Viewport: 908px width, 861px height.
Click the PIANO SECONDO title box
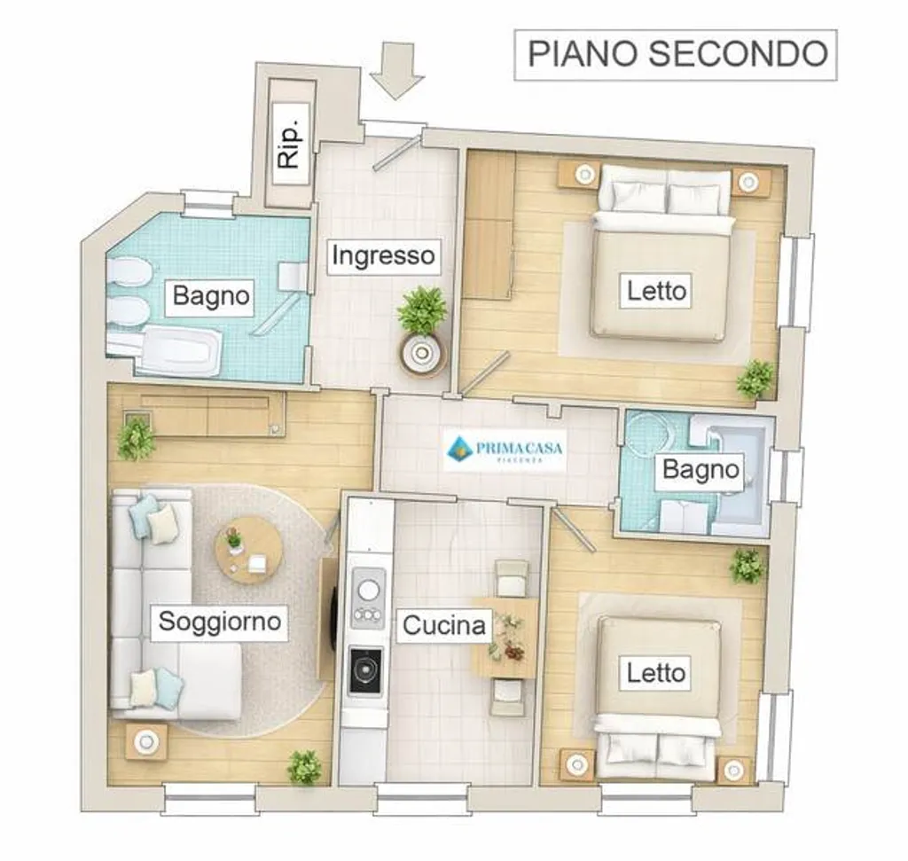point(675,54)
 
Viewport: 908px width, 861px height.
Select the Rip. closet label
point(290,144)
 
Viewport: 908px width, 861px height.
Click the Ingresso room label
point(383,256)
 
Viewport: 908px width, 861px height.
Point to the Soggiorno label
point(220,622)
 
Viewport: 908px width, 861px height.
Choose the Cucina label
point(444,626)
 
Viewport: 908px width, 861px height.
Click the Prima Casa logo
point(505,450)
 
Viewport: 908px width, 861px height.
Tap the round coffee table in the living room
point(249,550)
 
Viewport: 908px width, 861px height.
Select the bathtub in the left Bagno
point(179,350)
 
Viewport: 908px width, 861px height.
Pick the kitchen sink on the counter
point(368,598)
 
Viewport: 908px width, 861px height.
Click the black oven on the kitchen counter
point(366,671)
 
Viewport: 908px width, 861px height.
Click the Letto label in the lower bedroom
point(655,673)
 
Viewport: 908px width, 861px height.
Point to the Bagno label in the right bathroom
point(701,470)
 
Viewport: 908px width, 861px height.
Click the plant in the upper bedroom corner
point(755,379)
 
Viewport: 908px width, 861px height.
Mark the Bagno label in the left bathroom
point(211,296)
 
